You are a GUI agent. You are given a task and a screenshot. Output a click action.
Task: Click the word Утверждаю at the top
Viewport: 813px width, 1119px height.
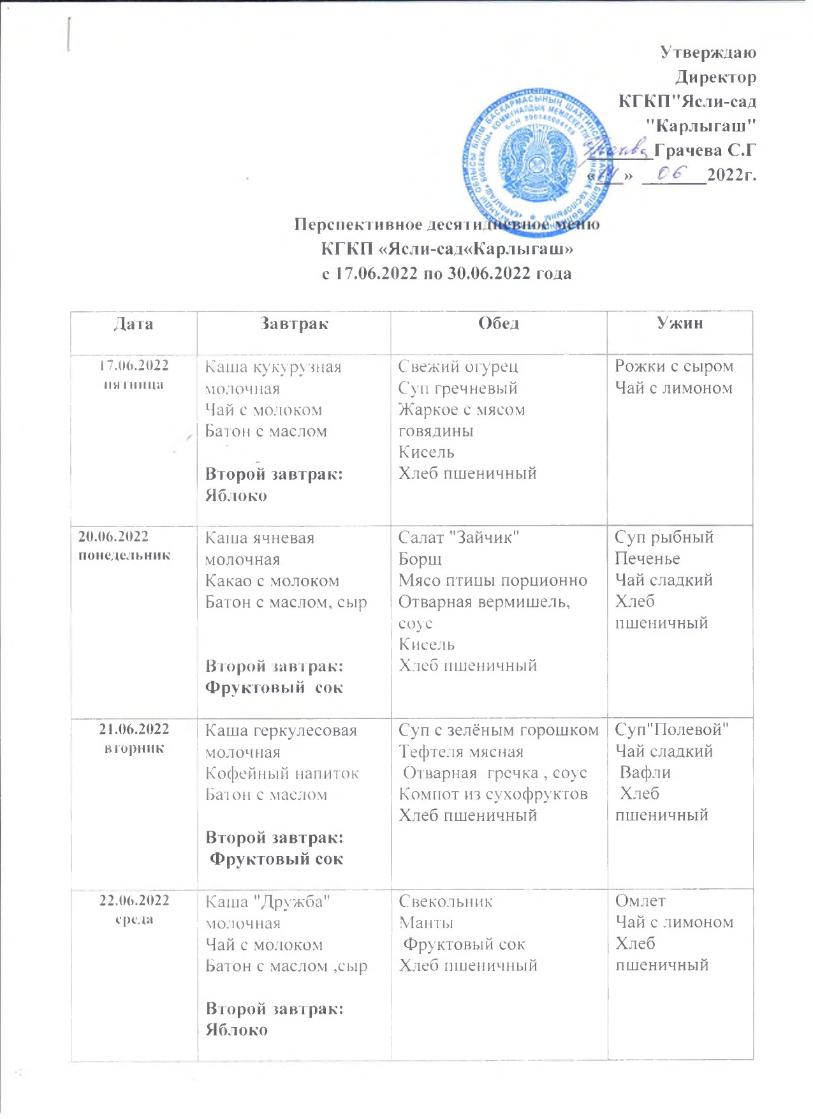pyautogui.click(x=708, y=52)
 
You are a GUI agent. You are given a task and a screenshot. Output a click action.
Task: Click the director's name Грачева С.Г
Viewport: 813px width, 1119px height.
pyautogui.click(x=705, y=150)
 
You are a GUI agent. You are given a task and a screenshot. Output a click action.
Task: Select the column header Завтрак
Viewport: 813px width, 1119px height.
pyautogui.click(x=294, y=323)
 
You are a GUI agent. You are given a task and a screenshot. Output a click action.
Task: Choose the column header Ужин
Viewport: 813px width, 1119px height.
pyautogui.click(x=680, y=323)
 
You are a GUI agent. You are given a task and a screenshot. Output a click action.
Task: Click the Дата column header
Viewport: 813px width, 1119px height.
pyautogui.click(x=133, y=324)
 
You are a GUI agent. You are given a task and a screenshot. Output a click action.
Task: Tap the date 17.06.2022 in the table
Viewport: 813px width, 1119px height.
pyautogui.click(x=133, y=366)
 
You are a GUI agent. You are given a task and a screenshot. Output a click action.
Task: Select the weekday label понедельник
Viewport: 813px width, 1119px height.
pyautogui.click(x=124, y=555)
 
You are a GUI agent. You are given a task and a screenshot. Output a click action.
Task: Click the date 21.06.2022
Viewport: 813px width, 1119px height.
pyautogui.click(x=134, y=729)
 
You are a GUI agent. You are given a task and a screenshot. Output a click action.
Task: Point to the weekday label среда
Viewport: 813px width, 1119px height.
pyautogui.click(x=134, y=919)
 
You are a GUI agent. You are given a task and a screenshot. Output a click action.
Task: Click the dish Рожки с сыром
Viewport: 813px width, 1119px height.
pyautogui.click(x=674, y=367)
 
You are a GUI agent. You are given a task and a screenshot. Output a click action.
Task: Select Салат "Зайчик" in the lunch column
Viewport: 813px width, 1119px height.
pyautogui.click(x=459, y=538)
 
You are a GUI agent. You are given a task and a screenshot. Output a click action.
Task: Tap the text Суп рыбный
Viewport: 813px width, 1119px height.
pyautogui.click(x=664, y=537)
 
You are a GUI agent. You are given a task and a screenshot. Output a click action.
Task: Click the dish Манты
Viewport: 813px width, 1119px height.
pyautogui.click(x=426, y=923)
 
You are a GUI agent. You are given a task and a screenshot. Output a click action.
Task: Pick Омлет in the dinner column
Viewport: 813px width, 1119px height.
pyautogui.click(x=640, y=901)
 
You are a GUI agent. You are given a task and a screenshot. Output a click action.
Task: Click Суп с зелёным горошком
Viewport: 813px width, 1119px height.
pyautogui.click(x=499, y=730)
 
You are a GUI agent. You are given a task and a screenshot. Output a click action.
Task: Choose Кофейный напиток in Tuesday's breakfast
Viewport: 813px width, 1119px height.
pyautogui.click(x=282, y=773)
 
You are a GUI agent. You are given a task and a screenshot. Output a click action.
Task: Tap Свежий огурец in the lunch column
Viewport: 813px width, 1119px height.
pyautogui.click(x=458, y=367)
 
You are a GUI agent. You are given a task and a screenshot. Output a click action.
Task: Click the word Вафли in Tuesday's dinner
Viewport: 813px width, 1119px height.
pyautogui.click(x=645, y=773)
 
